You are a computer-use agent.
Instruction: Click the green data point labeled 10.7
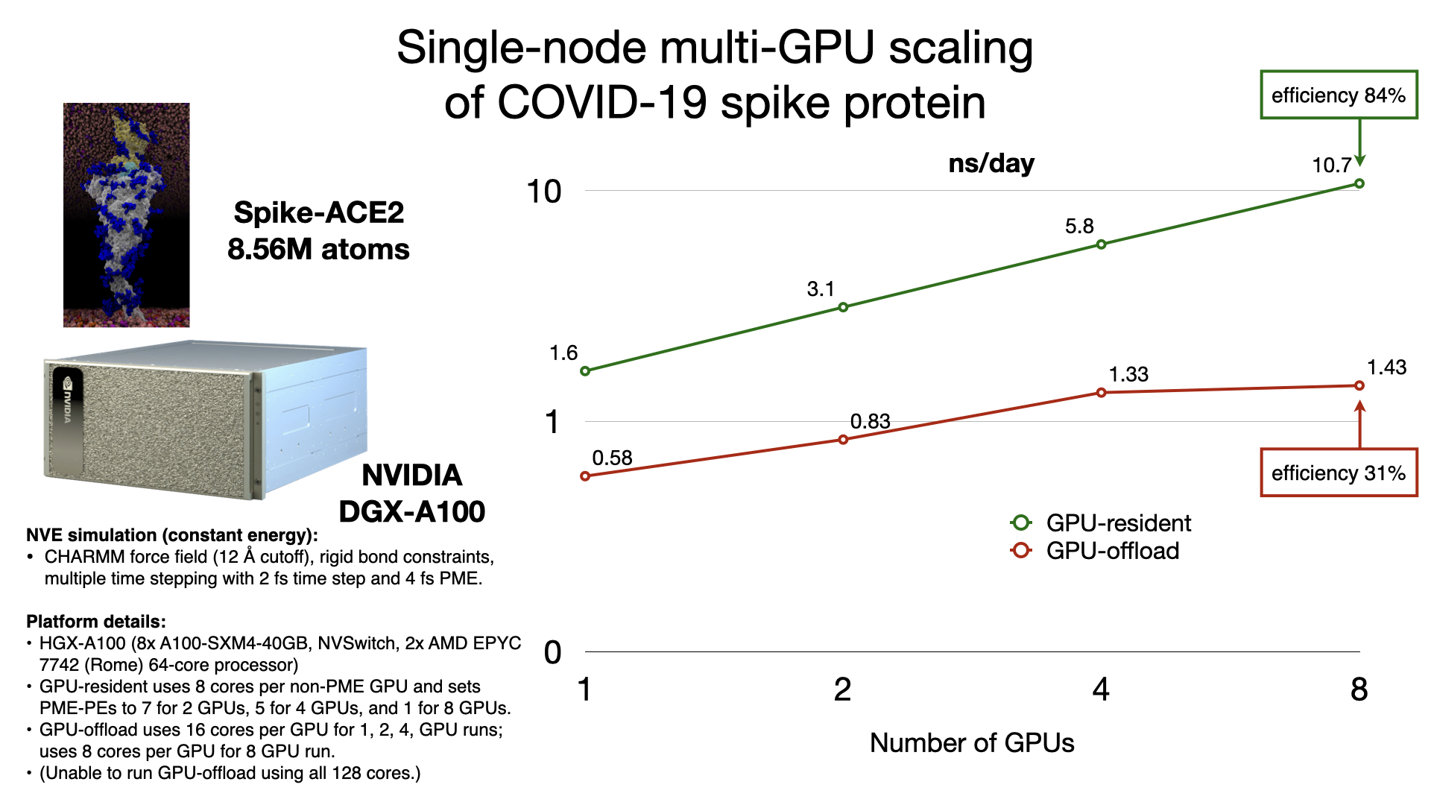point(1359,183)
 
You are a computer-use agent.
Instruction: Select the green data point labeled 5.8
point(1101,244)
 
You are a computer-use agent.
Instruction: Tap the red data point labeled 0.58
point(585,476)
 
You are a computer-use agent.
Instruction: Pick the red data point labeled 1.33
point(1101,393)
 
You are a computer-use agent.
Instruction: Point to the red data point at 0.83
point(843,440)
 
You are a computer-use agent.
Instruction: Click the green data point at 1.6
point(585,370)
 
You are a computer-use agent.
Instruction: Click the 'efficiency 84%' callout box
point(1339,95)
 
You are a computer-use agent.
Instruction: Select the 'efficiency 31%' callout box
point(1339,473)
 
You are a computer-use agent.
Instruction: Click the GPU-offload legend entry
point(1096,551)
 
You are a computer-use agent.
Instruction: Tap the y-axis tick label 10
point(544,192)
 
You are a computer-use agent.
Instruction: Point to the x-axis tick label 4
point(1101,689)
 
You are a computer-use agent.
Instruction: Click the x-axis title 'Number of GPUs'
point(972,743)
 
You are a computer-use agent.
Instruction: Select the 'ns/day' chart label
point(991,163)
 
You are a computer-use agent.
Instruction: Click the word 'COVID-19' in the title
point(602,102)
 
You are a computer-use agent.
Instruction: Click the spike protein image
point(126,215)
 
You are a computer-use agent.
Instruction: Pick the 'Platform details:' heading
point(96,622)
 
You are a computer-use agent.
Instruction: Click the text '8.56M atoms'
point(318,249)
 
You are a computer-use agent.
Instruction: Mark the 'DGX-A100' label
point(411,511)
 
